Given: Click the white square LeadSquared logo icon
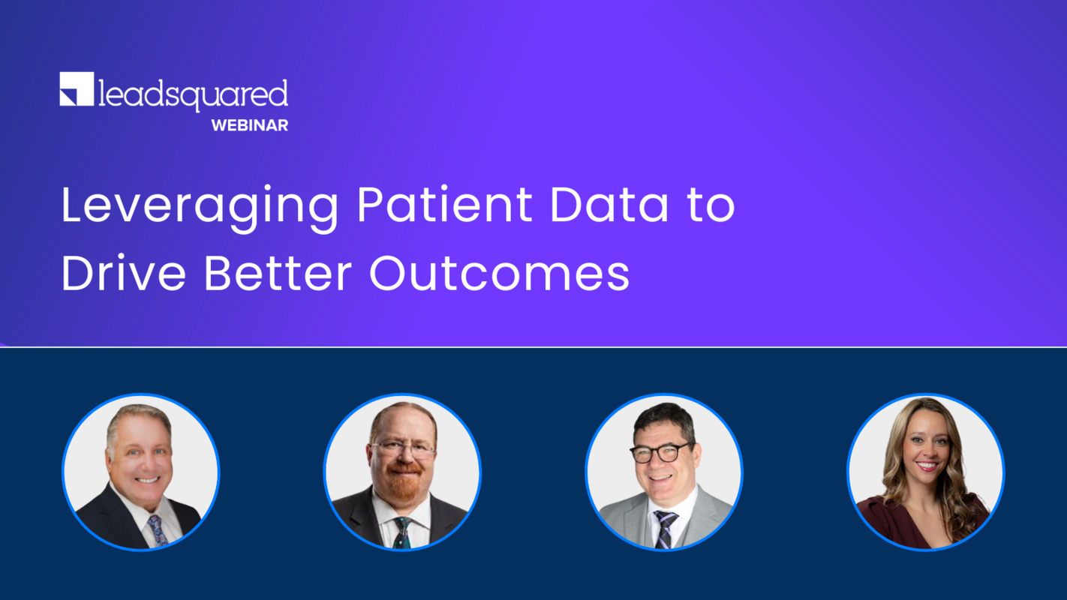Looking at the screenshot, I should [77, 89].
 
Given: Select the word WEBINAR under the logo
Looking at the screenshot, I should [250, 126].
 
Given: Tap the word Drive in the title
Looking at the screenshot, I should [124, 274].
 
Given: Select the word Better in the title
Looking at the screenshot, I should [278, 274].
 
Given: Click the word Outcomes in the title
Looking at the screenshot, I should [499, 274].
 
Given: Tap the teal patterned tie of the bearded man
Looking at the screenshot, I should [402, 532].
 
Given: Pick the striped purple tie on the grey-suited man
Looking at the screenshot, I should [665, 529].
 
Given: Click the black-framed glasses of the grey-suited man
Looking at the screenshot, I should [661, 452].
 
